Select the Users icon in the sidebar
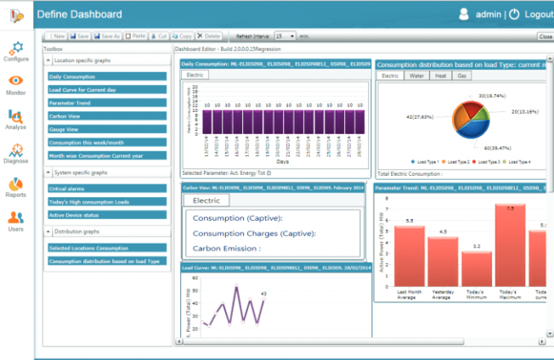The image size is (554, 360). [x=16, y=220]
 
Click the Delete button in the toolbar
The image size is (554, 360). [x=210, y=37]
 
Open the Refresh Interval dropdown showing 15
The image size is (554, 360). [x=285, y=37]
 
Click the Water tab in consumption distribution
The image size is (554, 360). [x=415, y=76]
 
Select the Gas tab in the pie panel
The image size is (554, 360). [x=461, y=76]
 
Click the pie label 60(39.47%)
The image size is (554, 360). [x=487, y=148]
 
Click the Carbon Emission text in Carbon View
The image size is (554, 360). [x=226, y=249]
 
